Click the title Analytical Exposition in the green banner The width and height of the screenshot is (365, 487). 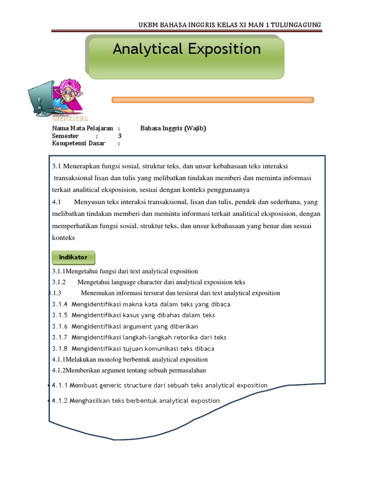pyautogui.click(x=186, y=49)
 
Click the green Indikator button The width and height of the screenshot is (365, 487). pyautogui.click(x=73, y=257)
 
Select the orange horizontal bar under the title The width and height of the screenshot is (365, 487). pyautogui.click(x=212, y=100)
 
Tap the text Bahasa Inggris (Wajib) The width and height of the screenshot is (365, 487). pyautogui.click(x=173, y=128)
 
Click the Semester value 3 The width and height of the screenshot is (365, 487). pyautogui.click(x=120, y=136)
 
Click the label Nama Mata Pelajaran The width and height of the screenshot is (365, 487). pyautogui.click(x=82, y=128)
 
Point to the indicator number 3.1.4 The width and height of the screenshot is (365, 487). pyautogui.click(x=60, y=304)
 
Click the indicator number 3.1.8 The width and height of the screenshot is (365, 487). pyautogui.click(x=60, y=349)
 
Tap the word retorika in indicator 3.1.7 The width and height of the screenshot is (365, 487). pyautogui.click(x=175, y=338)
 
